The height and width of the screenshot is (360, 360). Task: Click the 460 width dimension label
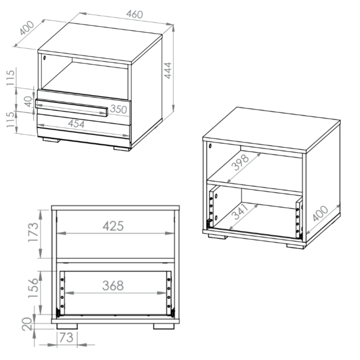point(135,14)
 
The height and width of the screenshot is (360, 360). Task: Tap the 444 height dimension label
point(168,71)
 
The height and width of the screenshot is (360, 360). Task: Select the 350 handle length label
point(118,109)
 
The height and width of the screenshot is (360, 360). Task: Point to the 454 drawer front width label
point(76,124)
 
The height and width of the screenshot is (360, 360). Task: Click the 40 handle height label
point(28,102)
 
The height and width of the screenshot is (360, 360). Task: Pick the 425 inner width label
point(113,226)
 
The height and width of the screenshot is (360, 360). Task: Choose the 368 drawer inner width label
point(113,285)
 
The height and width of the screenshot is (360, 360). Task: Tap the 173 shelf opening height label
point(33,232)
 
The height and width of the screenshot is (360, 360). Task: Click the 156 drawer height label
point(33,288)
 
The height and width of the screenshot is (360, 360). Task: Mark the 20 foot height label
point(27,324)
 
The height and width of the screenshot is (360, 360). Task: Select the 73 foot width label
point(66,338)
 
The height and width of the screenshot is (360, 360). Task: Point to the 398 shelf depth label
point(240,162)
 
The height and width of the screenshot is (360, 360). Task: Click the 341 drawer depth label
point(240,211)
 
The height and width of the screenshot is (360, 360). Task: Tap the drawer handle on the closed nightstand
point(71,108)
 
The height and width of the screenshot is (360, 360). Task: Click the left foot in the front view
point(67,326)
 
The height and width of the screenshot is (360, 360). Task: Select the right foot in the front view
point(164,326)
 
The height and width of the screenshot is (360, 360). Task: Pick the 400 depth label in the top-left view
point(27,28)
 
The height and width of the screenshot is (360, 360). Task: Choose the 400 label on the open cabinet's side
point(320,213)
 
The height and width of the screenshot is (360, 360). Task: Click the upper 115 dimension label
point(10,78)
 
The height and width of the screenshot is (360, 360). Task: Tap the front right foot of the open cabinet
point(296,246)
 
